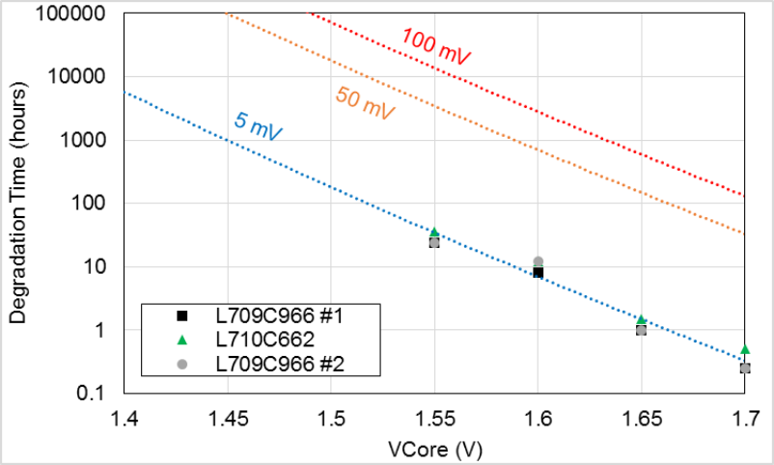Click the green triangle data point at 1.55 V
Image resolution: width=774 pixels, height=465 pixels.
click(x=434, y=232)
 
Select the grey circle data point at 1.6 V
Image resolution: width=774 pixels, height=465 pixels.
click(x=538, y=261)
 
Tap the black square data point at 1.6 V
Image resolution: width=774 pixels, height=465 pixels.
click(x=538, y=273)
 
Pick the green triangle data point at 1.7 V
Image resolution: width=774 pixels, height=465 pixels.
click(x=745, y=349)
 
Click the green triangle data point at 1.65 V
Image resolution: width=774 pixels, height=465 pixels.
click(x=641, y=319)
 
